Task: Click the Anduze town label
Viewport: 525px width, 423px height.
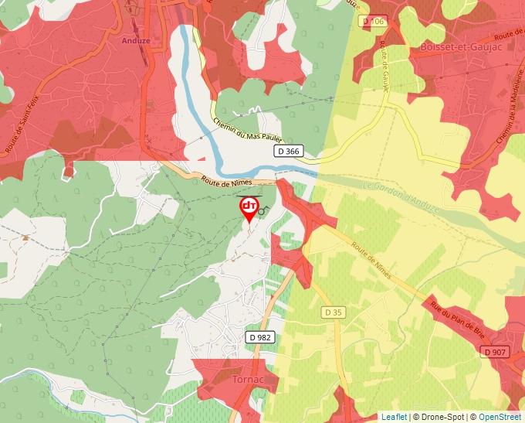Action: click(136, 40)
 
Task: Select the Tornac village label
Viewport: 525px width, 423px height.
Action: click(248, 380)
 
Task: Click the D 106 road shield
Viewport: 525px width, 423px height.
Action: click(373, 22)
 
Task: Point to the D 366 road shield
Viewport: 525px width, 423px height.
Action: click(287, 152)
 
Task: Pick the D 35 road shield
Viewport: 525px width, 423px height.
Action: click(333, 312)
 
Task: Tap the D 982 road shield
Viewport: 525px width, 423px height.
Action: click(261, 337)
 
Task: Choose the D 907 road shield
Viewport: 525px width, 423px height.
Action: click(496, 352)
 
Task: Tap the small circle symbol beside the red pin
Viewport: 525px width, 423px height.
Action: click(262, 210)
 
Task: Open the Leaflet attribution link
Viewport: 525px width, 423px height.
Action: click(394, 417)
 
